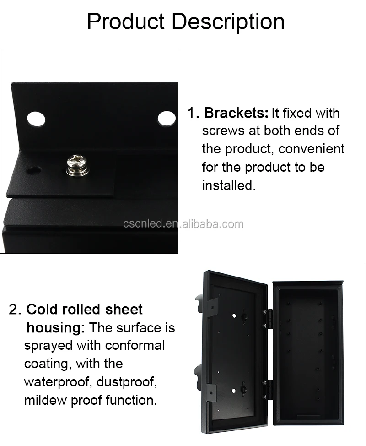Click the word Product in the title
point(126,22)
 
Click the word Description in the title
point(228,22)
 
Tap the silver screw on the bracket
point(78,165)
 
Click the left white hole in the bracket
point(36,119)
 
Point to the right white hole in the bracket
point(167,119)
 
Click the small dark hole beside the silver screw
point(34,171)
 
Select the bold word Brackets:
point(237,113)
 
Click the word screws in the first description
point(223,131)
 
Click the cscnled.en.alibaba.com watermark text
point(183,224)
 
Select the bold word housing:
point(55,328)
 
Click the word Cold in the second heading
point(42,310)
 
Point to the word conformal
point(135,346)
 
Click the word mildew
point(45,400)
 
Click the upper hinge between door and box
point(267,319)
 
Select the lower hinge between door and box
point(267,390)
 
